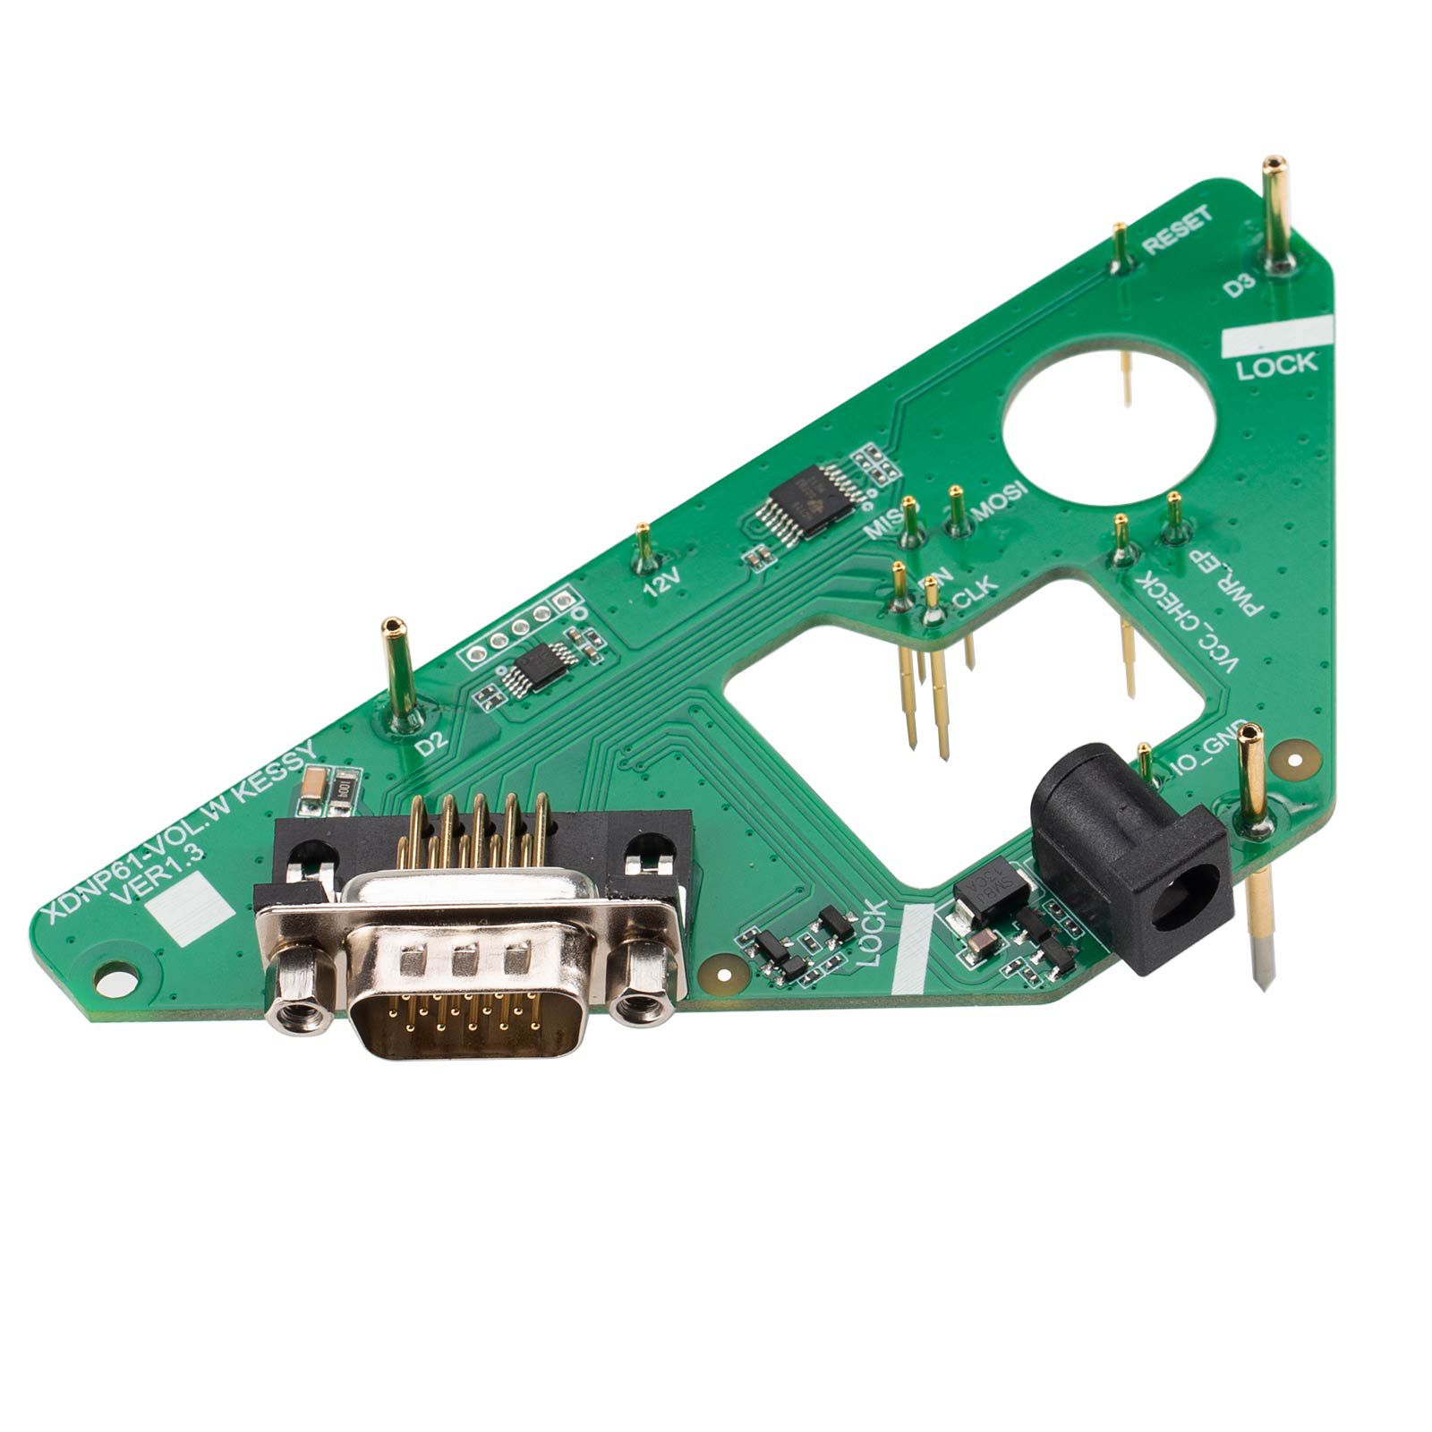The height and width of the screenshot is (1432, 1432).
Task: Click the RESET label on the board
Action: (1180, 229)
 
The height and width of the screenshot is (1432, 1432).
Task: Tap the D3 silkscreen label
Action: (1240, 286)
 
